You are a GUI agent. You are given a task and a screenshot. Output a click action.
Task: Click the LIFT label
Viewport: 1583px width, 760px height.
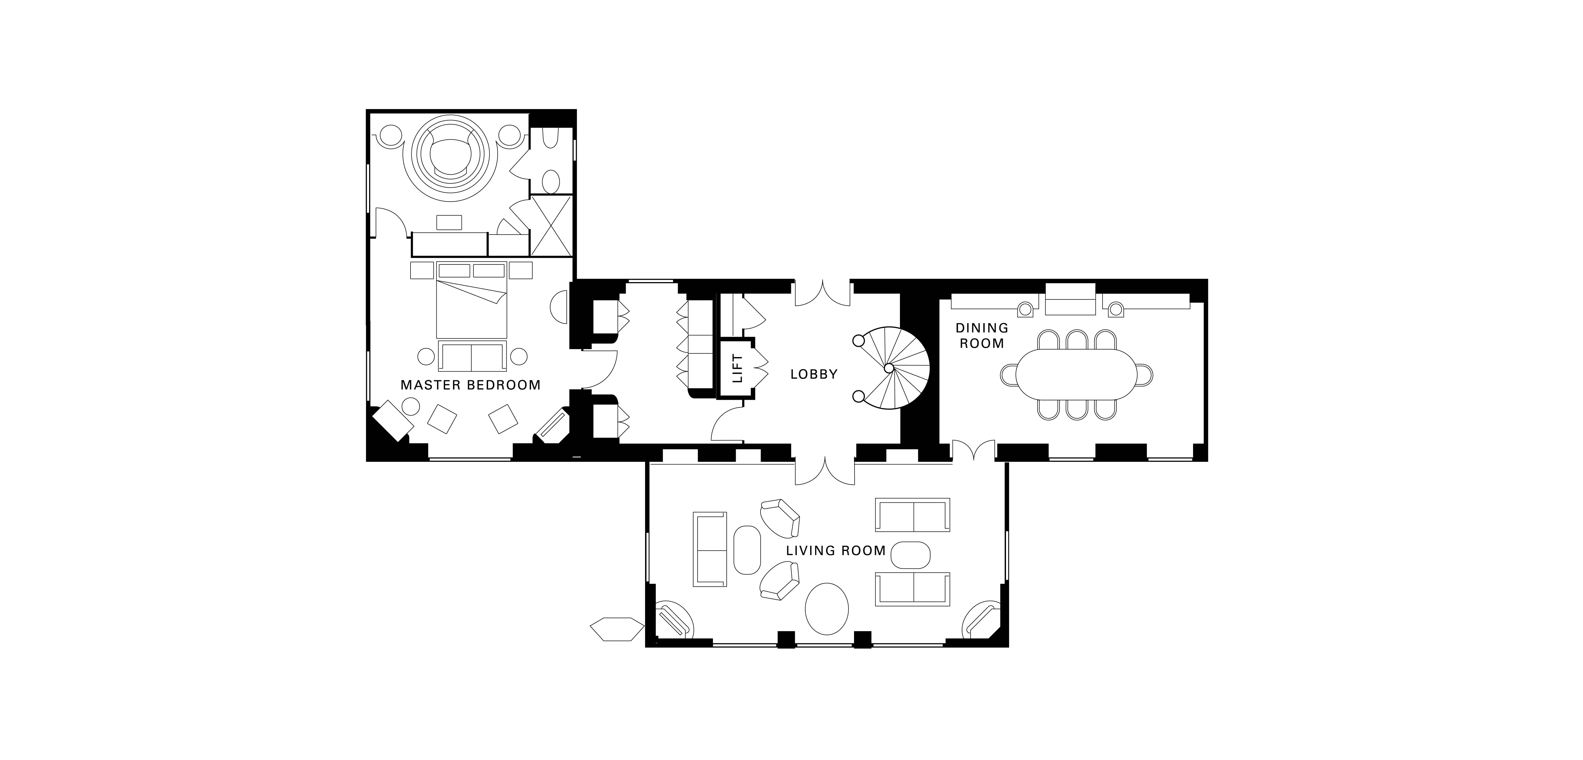(737, 368)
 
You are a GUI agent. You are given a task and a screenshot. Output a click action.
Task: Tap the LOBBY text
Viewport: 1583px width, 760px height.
(814, 374)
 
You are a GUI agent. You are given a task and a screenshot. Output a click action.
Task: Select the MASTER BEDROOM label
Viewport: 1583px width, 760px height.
(470, 385)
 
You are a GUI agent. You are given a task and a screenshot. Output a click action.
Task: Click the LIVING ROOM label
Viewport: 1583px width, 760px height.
(836, 550)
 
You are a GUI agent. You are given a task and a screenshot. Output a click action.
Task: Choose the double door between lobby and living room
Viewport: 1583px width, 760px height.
(824, 472)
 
